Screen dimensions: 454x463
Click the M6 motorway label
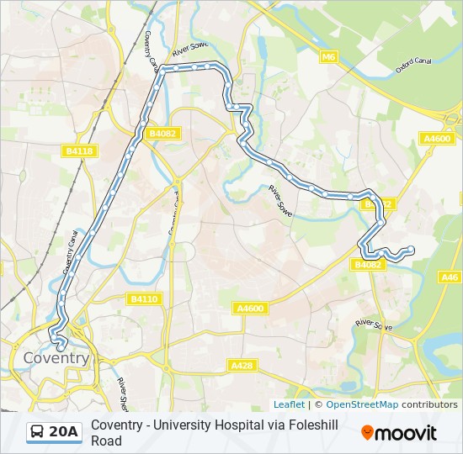point(328,57)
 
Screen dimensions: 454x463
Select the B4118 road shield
point(79,150)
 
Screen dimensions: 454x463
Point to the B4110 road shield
point(144,298)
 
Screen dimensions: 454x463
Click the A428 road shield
point(242,366)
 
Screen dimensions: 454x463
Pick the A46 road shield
point(450,277)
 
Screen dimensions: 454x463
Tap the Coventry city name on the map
point(56,358)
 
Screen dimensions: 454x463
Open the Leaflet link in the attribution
point(289,404)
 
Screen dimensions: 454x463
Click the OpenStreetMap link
point(362,404)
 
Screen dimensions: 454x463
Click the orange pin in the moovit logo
point(367,433)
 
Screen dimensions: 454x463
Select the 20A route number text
point(64,432)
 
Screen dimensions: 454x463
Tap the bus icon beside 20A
point(38,432)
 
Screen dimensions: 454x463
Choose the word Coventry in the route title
point(119,425)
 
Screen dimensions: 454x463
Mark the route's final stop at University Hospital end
point(411,248)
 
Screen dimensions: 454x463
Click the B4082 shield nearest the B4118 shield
point(162,133)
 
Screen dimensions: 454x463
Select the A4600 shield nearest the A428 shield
point(250,309)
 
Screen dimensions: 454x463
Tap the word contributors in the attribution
point(429,404)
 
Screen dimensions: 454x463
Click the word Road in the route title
point(106,441)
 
